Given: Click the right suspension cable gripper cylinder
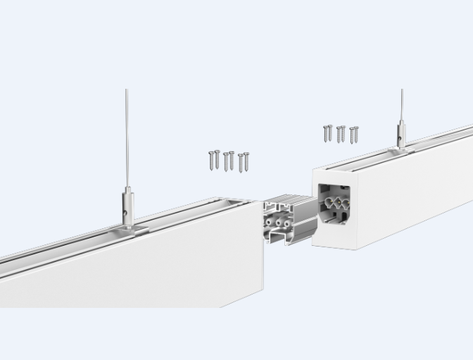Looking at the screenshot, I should (x=401, y=131).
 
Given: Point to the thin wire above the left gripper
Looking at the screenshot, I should (x=127, y=134).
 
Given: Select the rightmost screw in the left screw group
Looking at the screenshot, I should (x=244, y=161).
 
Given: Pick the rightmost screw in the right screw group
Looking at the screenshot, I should (x=354, y=134).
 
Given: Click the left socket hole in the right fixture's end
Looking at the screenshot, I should (x=328, y=202).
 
